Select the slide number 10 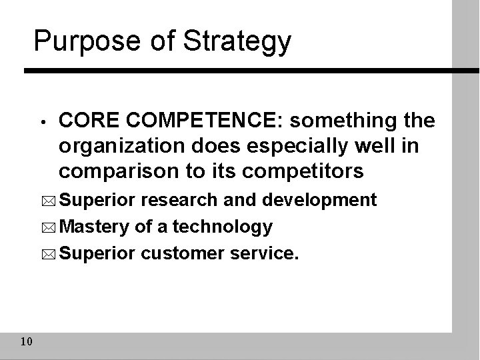coord(27,342)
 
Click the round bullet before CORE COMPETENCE coord(41,122)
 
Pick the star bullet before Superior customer coord(51,255)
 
